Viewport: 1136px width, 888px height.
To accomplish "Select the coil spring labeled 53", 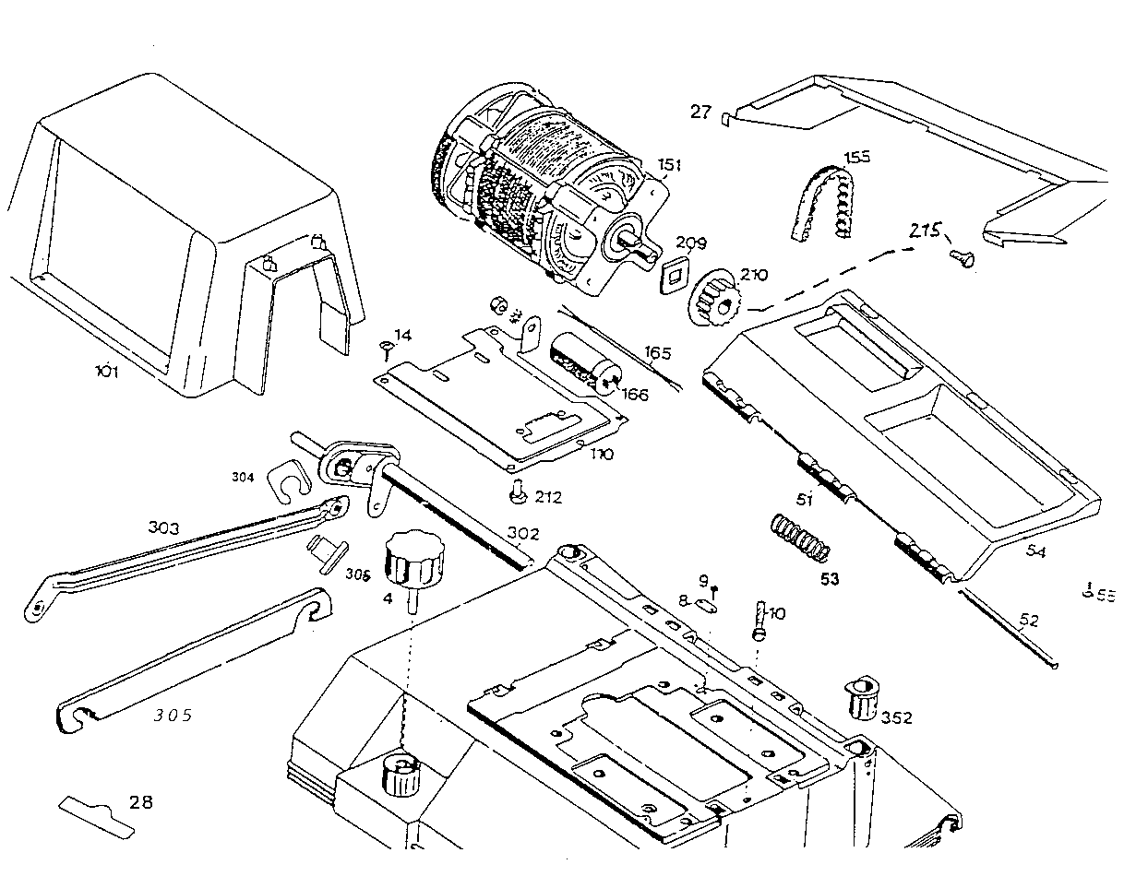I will (799, 538).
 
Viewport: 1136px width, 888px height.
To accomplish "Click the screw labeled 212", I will (517, 495).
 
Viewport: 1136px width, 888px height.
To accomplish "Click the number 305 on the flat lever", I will (173, 715).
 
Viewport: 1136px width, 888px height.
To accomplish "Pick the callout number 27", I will (700, 112).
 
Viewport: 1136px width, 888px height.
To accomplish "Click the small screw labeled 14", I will (386, 347).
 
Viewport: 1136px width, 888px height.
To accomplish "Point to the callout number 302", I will (523, 534).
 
